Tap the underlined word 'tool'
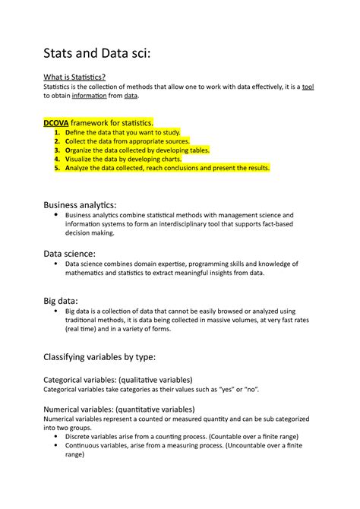click(308, 87)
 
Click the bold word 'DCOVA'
click(55, 122)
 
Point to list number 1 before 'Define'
click(58, 132)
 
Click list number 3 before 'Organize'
click(58, 150)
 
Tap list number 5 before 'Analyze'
click(58, 169)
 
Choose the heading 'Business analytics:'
click(80, 204)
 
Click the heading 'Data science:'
click(70, 253)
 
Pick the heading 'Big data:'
click(62, 301)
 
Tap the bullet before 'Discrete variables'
click(58, 437)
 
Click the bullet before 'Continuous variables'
click(58, 446)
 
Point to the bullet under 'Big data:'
click(57, 311)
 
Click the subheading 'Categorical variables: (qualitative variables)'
click(118, 379)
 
